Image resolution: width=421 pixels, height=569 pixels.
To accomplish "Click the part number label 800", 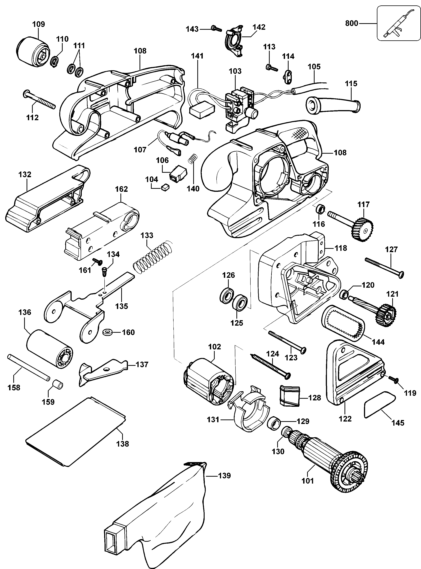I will [x=351, y=23].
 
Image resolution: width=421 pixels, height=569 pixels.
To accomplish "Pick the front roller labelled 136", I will [x=49, y=348].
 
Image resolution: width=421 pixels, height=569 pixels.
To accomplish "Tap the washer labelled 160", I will [x=108, y=332].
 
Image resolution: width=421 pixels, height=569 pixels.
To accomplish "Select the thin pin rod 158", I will [x=28, y=367].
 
